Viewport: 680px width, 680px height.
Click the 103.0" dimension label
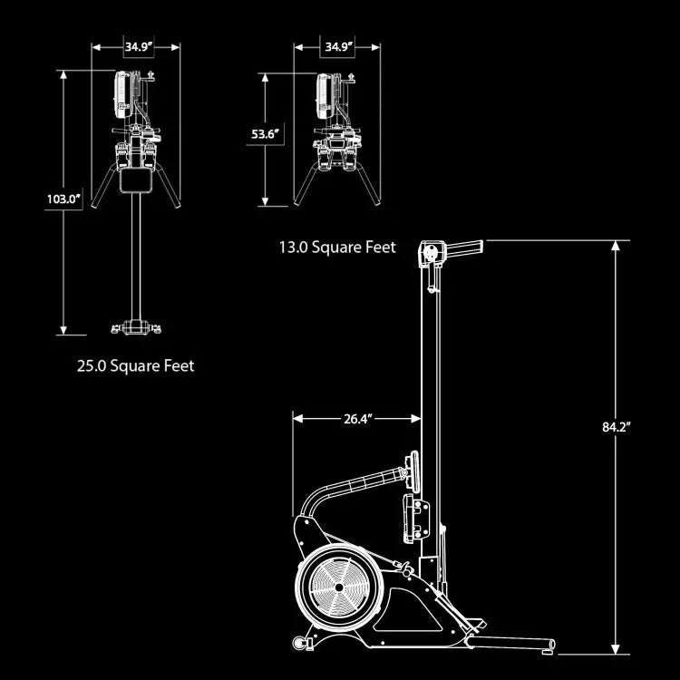coord(64,199)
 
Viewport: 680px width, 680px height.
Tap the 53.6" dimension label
coord(266,134)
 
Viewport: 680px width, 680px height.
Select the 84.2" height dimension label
coord(616,427)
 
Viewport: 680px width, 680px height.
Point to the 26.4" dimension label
coord(358,419)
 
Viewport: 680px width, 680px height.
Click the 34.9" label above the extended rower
coord(140,46)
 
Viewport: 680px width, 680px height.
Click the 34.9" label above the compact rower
coord(339,46)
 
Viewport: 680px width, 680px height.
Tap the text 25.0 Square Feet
coord(136,366)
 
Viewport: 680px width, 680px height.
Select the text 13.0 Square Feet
coord(337,248)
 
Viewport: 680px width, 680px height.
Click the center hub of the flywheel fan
coord(339,588)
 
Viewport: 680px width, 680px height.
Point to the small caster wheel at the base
coord(299,642)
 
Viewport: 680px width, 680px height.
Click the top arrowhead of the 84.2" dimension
coord(615,246)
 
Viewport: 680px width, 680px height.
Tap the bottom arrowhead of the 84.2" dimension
coord(615,649)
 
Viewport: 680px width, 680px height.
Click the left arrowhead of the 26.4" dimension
coord(298,419)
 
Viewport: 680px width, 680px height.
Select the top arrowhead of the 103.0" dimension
coord(63,75)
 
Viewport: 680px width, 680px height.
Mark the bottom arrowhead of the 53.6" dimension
coord(266,201)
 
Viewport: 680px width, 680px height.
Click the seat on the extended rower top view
coord(136,180)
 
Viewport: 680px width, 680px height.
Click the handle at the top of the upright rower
coord(464,248)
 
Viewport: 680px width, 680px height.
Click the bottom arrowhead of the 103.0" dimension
coord(63,330)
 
